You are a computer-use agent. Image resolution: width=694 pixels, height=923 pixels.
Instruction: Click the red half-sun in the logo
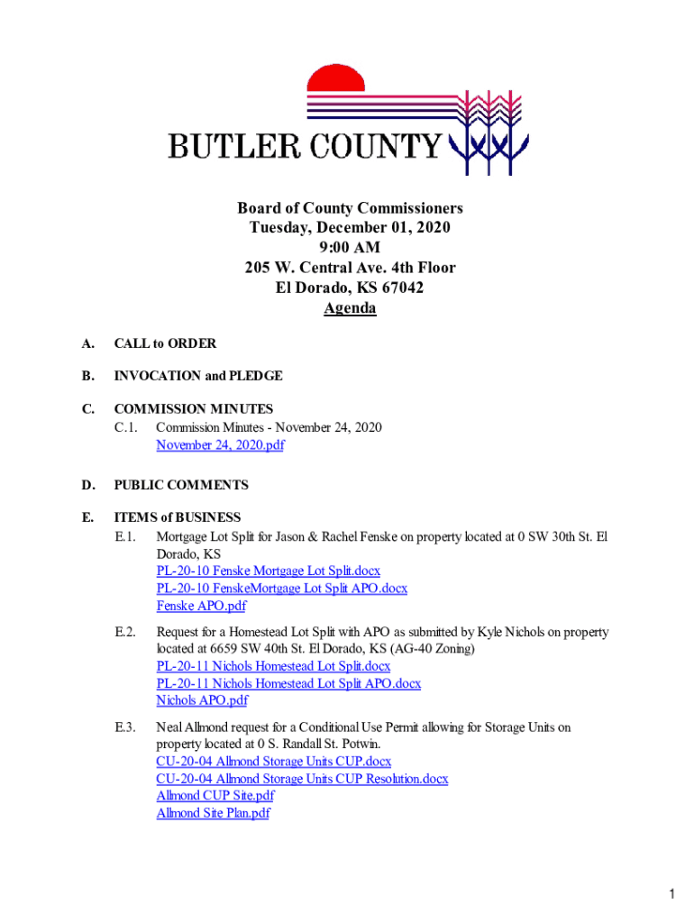(x=335, y=79)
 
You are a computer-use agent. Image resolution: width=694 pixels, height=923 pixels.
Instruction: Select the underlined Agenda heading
(x=350, y=309)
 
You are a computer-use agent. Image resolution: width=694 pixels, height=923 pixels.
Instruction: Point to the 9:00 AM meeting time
(x=350, y=248)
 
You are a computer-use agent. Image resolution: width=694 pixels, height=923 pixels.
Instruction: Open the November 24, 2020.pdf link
(x=220, y=445)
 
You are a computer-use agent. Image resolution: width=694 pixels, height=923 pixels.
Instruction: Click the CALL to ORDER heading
(x=165, y=343)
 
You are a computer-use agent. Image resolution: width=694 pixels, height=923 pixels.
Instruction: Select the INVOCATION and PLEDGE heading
(x=198, y=375)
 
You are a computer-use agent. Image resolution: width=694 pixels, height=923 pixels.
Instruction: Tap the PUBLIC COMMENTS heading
(x=181, y=485)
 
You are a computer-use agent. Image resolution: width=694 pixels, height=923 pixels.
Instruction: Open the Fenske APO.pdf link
(x=202, y=606)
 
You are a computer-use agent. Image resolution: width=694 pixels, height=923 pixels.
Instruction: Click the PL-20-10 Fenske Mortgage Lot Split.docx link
(x=268, y=571)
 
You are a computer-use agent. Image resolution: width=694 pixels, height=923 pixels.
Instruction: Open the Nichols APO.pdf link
(x=202, y=700)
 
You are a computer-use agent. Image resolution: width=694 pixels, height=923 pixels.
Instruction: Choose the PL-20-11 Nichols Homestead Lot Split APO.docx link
(x=288, y=683)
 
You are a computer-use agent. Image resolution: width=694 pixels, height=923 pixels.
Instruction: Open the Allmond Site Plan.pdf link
(x=213, y=813)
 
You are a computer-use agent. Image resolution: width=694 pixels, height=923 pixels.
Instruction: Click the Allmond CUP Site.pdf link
(x=215, y=796)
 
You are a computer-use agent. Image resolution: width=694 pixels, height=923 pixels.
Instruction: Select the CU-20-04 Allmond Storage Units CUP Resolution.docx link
(x=302, y=779)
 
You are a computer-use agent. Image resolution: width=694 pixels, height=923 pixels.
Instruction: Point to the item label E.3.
(x=125, y=727)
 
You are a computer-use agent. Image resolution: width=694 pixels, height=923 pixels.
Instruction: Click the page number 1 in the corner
(x=672, y=894)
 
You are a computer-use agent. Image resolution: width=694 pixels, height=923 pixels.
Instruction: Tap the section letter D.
(x=87, y=485)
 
